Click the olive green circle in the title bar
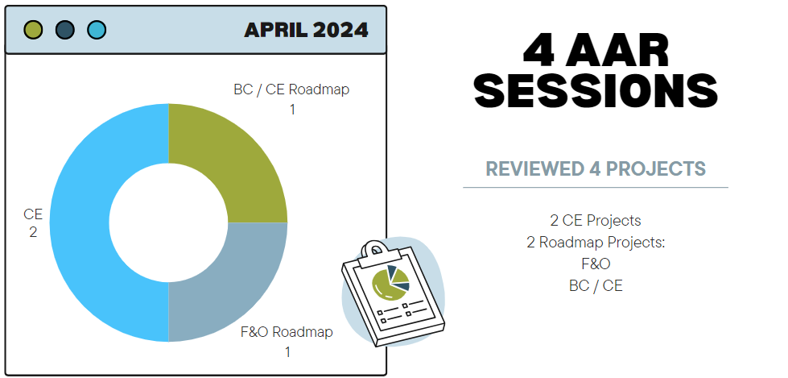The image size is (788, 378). coord(33,30)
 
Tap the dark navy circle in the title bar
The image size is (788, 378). coord(65,30)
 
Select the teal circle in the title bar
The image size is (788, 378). coord(97,30)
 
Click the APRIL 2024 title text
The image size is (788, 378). coord(306,30)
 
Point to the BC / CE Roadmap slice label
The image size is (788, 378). coord(291,89)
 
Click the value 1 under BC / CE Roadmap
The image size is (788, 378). coord(292,110)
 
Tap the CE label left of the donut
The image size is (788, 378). coord(33,214)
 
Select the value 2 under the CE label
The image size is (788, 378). coord(33,233)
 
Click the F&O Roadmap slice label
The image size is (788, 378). coord(287,332)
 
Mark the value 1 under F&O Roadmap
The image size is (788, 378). coord(287,352)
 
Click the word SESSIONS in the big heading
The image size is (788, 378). coord(596,90)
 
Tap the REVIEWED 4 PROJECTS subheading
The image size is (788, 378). coord(596,169)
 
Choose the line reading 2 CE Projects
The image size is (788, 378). coord(596,221)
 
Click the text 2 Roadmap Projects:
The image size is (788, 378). coord(596,243)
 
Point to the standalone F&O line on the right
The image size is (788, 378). coord(596,264)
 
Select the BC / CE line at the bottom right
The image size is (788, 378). coord(596,286)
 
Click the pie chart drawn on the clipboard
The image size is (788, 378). coord(390,281)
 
